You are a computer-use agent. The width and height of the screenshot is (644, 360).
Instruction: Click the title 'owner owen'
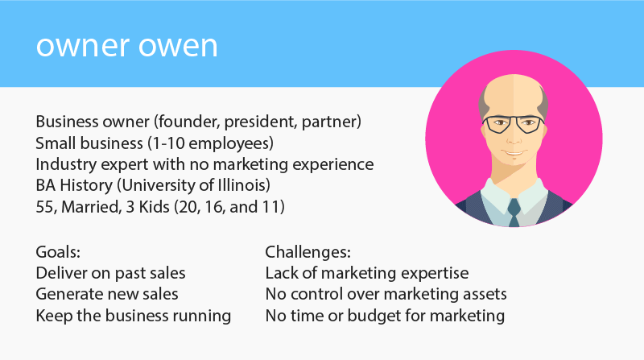(x=126, y=45)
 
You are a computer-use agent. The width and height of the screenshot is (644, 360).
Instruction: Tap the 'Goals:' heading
(x=59, y=253)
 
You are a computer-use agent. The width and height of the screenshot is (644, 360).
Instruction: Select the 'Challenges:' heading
(x=308, y=253)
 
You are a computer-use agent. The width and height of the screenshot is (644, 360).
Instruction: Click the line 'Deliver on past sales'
(x=111, y=274)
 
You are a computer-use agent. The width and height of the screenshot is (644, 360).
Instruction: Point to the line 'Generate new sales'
(x=107, y=295)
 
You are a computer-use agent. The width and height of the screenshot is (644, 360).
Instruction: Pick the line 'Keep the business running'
(x=134, y=316)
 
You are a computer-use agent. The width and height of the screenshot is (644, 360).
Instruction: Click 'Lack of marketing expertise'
(x=367, y=274)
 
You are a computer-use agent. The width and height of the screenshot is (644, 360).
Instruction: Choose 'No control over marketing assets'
(x=386, y=295)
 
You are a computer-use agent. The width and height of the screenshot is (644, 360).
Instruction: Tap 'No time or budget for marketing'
(x=385, y=316)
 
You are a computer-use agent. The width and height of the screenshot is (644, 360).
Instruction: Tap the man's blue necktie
(x=513, y=212)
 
